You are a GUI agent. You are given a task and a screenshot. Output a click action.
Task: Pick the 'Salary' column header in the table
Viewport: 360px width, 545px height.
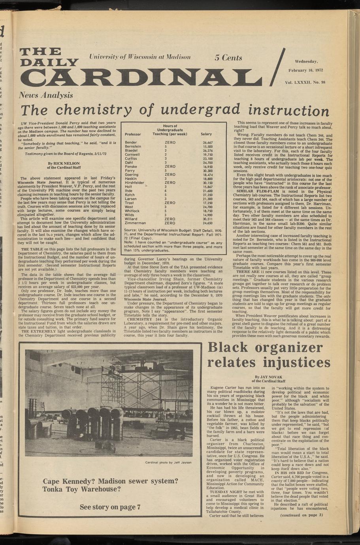tap(206, 134)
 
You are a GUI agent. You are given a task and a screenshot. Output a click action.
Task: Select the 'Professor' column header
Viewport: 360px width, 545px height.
tap(133, 134)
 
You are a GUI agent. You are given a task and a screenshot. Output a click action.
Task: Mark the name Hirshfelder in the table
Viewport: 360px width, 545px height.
tap(134, 182)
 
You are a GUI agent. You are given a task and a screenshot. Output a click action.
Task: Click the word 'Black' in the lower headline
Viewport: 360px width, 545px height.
tap(232, 348)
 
